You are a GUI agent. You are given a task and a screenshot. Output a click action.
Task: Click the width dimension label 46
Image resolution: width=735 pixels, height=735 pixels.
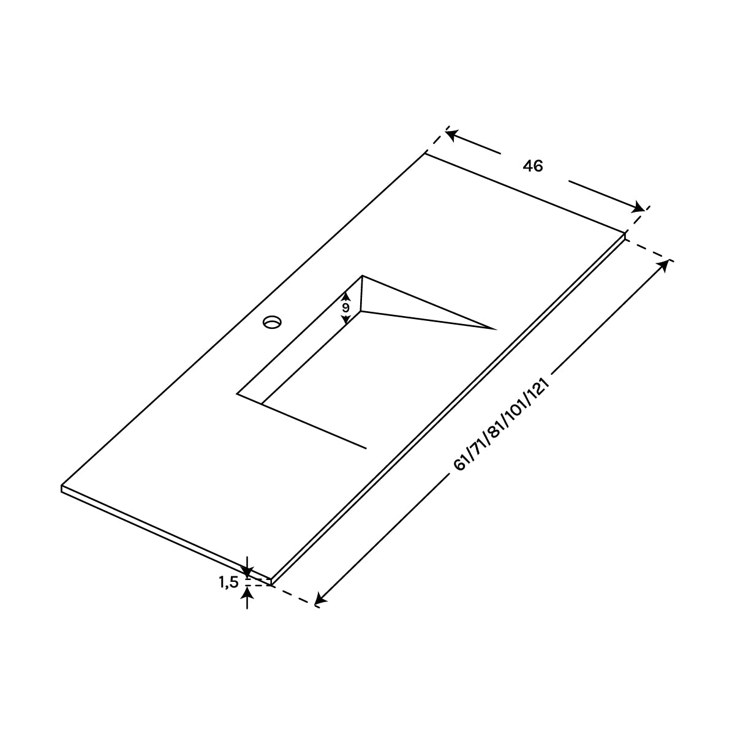(x=533, y=166)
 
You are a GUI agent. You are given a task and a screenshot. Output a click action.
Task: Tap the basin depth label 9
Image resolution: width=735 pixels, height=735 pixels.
(x=345, y=307)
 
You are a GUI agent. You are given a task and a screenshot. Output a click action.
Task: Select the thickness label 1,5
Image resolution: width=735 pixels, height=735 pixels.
(x=228, y=583)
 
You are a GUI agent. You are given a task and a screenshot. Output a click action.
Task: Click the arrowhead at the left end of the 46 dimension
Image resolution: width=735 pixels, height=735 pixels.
(x=452, y=132)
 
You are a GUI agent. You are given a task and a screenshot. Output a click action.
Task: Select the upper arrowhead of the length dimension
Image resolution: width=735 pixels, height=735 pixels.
(x=663, y=266)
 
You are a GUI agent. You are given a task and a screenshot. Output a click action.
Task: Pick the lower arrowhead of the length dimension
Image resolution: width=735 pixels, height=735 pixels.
(x=320, y=600)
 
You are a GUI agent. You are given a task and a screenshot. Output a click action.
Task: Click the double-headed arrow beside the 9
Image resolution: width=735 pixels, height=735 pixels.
(x=345, y=308)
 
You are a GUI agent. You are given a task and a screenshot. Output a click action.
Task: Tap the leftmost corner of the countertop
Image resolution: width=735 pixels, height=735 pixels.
(x=62, y=487)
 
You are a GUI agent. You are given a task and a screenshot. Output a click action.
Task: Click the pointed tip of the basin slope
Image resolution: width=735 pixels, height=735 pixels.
(x=494, y=329)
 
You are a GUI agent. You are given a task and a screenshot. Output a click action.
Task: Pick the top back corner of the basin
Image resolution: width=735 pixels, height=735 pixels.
(x=363, y=276)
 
